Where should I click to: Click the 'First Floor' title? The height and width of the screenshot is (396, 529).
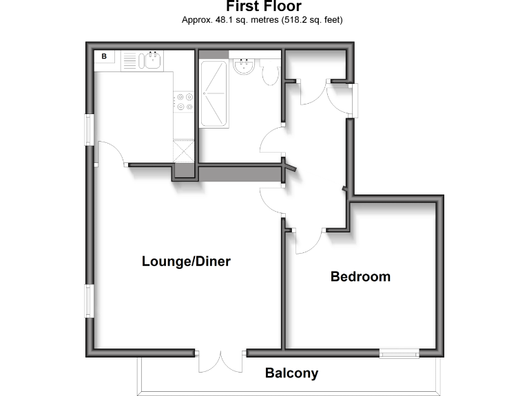264,7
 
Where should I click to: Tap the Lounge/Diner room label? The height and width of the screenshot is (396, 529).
185,261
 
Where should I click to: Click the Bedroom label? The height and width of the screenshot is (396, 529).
360,276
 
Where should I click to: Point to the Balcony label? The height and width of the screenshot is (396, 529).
291,373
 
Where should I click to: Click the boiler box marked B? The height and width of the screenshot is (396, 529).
105,57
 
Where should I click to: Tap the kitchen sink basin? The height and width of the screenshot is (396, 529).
153,60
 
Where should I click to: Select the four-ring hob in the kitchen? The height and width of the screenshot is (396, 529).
184,102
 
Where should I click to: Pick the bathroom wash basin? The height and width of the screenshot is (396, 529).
244,65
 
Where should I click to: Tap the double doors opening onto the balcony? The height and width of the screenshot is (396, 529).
220,362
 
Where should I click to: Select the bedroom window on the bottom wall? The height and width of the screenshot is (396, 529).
400,353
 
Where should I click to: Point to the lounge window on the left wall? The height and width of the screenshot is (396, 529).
89,300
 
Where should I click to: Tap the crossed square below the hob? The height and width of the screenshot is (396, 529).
184,150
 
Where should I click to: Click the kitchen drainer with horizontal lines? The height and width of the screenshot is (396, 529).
131,60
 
